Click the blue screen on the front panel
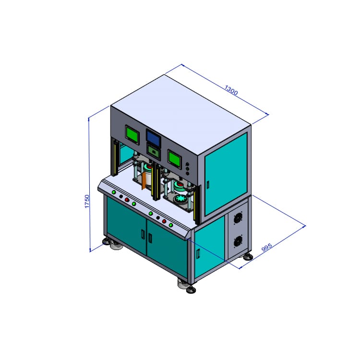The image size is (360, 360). [x=154, y=138]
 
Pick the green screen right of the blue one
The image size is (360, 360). [x=174, y=157]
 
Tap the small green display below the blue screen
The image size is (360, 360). [x=154, y=151]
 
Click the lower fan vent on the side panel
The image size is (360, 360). [x=237, y=241]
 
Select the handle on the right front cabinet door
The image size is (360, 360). [x=150, y=237]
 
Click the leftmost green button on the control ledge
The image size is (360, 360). [x=114, y=192]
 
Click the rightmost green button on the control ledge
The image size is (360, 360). [x=170, y=225]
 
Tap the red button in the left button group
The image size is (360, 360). [x=127, y=200]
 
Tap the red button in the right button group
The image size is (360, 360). [x=164, y=221]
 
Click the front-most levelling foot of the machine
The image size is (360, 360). [x=187, y=288]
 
